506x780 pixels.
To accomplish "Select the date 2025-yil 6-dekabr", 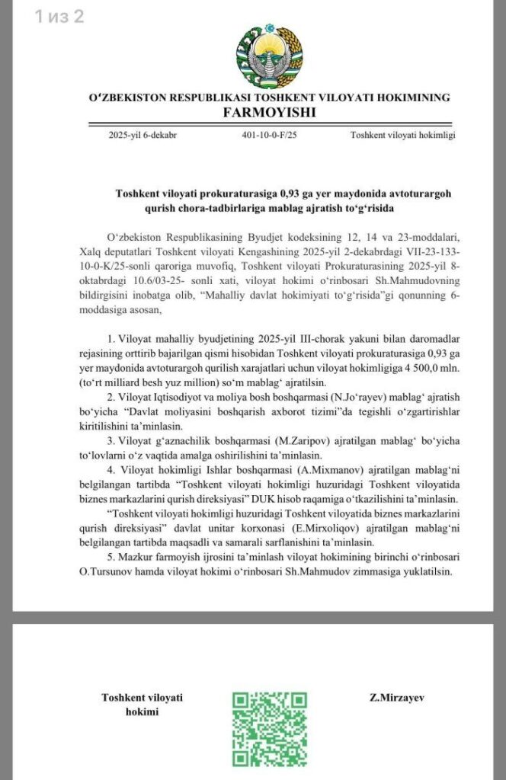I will (x=143, y=136).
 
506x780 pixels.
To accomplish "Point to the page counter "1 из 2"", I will (x=59, y=17).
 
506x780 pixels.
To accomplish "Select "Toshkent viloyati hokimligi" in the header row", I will (x=402, y=136).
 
